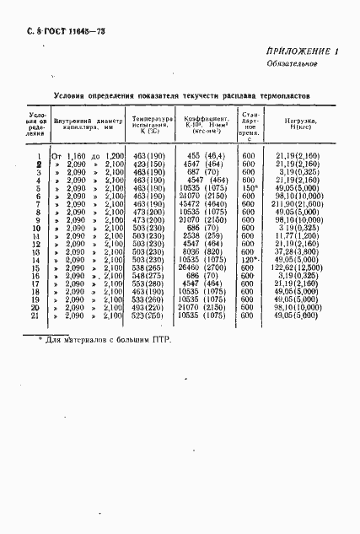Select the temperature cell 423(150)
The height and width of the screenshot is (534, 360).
coord(148,164)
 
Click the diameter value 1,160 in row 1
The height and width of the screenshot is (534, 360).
coord(78,156)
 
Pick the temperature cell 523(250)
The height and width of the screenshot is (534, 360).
coord(148,316)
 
